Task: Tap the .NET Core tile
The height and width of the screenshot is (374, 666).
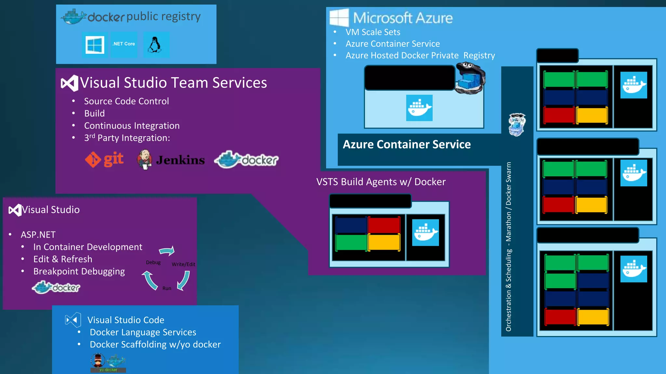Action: tap(124, 44)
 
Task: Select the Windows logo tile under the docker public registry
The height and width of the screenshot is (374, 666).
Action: tap(95, 45)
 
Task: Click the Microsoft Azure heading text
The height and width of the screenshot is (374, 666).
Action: tap(403, 18)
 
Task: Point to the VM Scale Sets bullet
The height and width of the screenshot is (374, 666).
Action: tap(373, 32)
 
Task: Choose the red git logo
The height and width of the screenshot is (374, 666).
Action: tap(104, 159)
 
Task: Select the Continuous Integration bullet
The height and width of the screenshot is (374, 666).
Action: tap(132, 126)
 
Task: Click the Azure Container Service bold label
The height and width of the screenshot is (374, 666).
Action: tap(406, 144)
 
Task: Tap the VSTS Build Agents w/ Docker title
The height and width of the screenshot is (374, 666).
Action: tap(381, 182)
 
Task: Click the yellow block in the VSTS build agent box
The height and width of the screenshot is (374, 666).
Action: tap(384, 242)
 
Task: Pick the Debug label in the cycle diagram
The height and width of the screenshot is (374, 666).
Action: tap(153, 262)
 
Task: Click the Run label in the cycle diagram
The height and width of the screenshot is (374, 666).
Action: tap(167, 288)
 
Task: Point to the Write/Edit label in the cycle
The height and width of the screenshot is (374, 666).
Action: tap(183, 264)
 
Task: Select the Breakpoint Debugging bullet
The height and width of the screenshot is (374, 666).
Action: tap(79, 271)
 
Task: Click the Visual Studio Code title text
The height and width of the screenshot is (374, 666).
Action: tap(126, 320)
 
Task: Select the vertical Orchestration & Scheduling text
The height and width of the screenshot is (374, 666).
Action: tap(509, 247)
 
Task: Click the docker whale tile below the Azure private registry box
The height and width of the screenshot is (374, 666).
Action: tap(419, 108)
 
